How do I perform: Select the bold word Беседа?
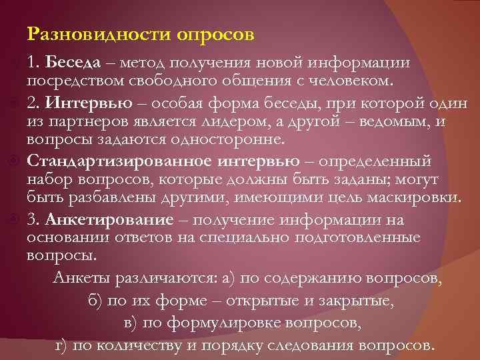pos(73,63)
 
